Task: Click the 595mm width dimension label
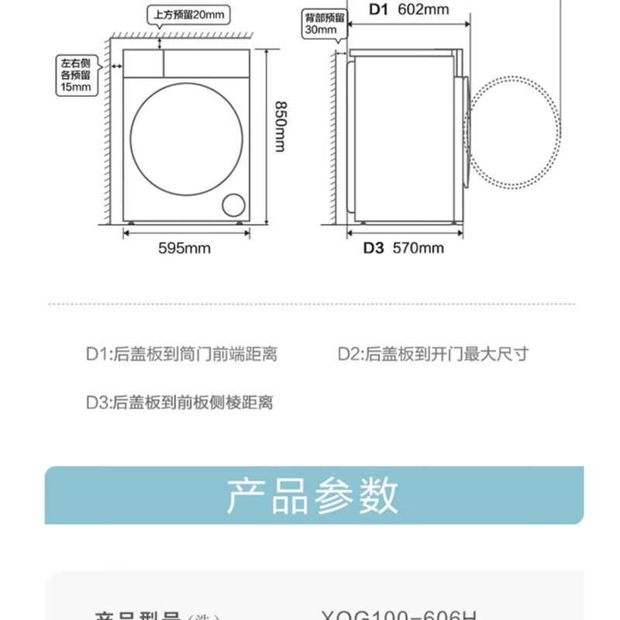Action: pyautogui.click(x=184, y=248)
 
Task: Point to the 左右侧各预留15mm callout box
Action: pyautogui.click(x=75, y=75)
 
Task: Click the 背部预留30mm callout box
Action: pyautogui.click(x=321, y=23)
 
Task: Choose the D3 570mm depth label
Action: pyautogui.click(x=404, y=248)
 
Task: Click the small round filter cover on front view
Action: pyautogui.click(x=232, y=205)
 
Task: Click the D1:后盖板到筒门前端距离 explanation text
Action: pyautogui.click(x=181, y=355)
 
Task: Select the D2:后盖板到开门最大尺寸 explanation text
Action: pyautogui.click(x=432, y=355)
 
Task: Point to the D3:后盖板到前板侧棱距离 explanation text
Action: pyautogui.click(x=179, y=402)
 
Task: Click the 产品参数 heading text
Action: pyautogui.click(x=312, y=496)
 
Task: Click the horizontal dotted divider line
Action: pyautogui.click(x=310, y=304)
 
